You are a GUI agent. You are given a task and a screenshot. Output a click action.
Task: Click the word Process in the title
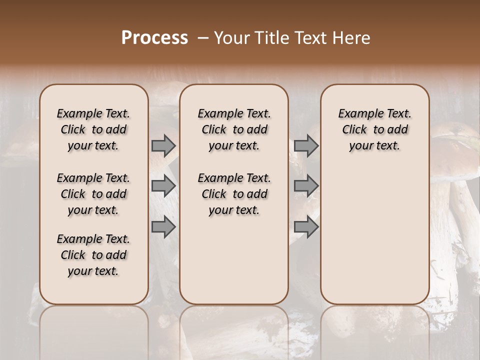tap(154, 38)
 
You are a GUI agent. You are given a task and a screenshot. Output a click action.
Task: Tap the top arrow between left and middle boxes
tap(163, 145)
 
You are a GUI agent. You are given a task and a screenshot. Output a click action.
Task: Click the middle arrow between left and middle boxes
tap(163, 186)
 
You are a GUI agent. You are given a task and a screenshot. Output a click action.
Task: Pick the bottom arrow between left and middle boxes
tap(163, 227)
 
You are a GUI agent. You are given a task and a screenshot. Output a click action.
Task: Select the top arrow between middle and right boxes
tap(306, 145)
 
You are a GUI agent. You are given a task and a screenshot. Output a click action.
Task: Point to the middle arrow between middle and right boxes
tap(306, 186)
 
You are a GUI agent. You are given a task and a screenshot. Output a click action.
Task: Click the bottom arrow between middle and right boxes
tap(306, 227)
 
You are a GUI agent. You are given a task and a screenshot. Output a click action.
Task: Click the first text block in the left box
tap(93, 129)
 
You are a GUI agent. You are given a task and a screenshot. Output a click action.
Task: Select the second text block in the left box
tap(93, 194)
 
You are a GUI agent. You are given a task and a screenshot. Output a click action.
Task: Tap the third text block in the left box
tap(93, 255)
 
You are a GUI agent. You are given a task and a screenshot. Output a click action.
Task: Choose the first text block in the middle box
tap(234, 129)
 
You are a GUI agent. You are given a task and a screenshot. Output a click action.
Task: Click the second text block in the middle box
tap(234, 194)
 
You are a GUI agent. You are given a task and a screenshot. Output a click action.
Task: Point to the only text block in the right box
tap(374, 129)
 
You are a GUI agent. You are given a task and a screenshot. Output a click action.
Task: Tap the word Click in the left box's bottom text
tap(73, 255)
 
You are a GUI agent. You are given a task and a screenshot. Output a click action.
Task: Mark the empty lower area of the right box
tap(374, 235)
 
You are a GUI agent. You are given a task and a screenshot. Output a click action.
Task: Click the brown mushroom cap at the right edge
tap(457, 152)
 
